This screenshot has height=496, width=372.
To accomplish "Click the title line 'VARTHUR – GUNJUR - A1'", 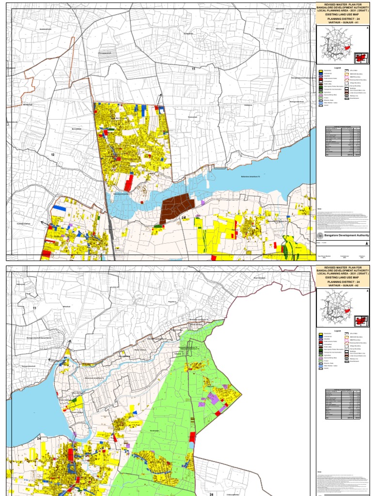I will (342, 22).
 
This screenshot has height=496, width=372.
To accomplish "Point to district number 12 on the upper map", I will (52, 154).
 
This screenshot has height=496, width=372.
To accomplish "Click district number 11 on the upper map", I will (193, 69).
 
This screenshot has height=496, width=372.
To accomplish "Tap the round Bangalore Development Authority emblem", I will (320, 235).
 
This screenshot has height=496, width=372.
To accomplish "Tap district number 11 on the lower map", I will (34, 308).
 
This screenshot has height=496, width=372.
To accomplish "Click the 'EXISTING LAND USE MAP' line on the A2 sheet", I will (342, 278).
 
